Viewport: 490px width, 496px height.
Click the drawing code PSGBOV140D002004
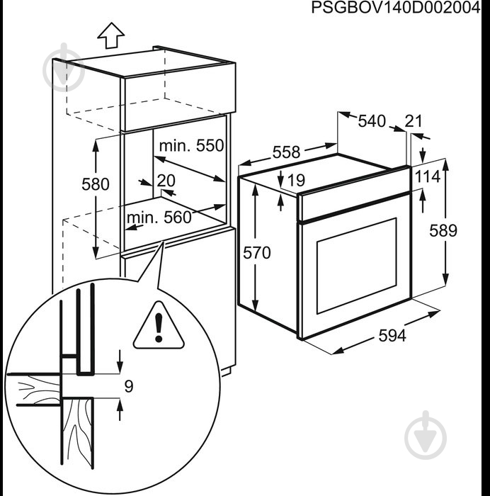(390, 8)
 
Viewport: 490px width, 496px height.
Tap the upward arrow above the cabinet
(110, 33)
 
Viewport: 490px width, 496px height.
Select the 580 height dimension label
(95, 184)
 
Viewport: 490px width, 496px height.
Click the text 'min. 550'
(190, 146)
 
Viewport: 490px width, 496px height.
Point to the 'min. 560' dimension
(159, 218)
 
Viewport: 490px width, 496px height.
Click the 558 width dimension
(286, 152)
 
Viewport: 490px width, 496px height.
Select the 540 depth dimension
(371, 121)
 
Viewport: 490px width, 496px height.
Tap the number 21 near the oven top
(413, 121)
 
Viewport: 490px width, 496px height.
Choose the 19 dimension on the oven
(296, 181)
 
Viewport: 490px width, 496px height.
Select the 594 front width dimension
(391, 337)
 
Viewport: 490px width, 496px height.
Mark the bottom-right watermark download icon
(427, 432)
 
